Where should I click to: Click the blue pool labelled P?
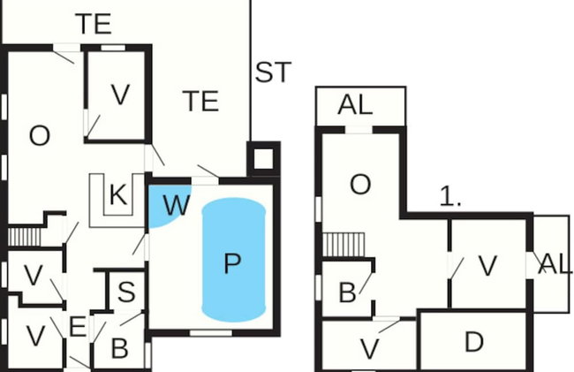(233, 260)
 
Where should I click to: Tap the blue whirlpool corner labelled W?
(167, 205)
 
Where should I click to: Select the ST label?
(273, 72)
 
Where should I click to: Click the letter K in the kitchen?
(118, 194)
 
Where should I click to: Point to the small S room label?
(126, 292)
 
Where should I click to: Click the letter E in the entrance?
(78, 327)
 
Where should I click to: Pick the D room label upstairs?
(474, 342)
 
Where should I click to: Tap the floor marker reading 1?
(450, 196)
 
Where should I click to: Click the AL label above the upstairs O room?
(355, 105)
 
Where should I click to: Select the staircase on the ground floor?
(24, 237)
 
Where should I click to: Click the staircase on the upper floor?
(344, 245)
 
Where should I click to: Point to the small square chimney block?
(263, 159)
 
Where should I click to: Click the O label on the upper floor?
(360, 184)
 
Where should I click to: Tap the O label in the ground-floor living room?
(40, 136)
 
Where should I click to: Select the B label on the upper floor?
(347, 292)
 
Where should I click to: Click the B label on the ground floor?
(120, 348)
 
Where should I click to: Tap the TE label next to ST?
(200, 101)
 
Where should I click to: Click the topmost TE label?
(94, 24)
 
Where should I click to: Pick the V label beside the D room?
(369, 349)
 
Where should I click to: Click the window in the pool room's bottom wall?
(211, 333)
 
